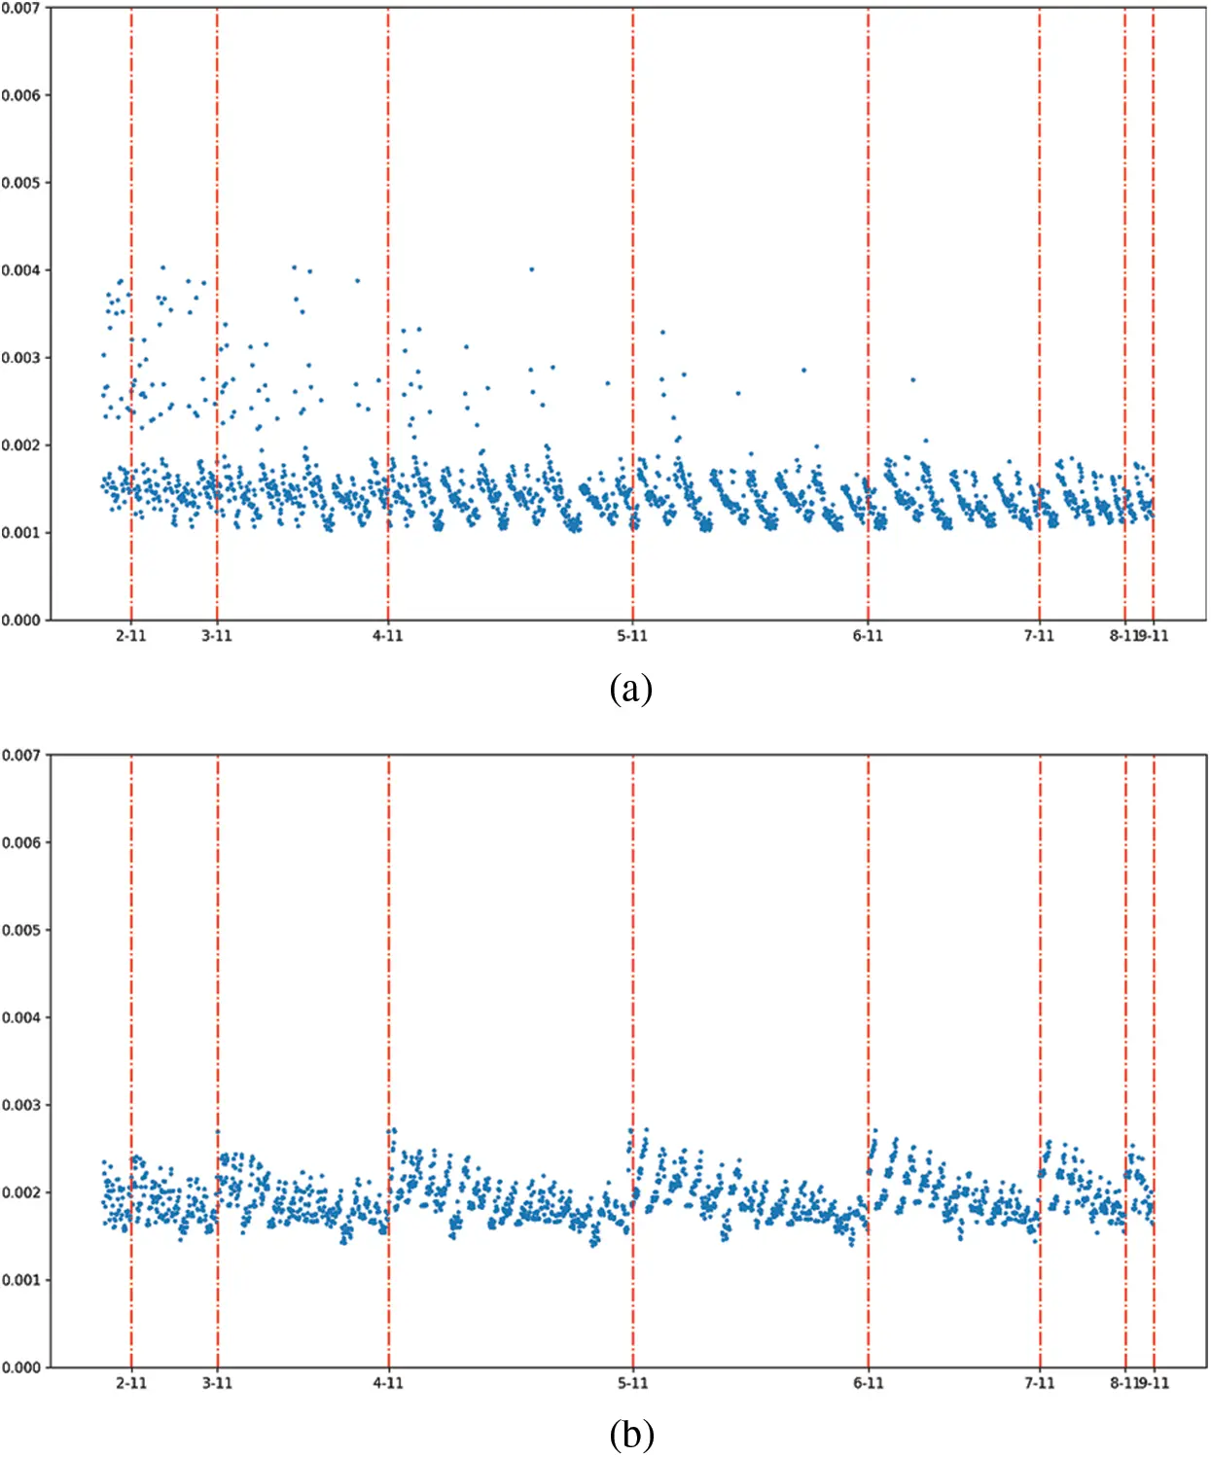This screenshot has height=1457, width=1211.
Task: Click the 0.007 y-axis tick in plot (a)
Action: pos(20,9)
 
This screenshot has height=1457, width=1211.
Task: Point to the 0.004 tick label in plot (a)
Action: pos(20,270)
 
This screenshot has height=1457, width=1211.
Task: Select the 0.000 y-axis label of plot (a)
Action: pos(20,620)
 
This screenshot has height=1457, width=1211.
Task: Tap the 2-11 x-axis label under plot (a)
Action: pos(131,636)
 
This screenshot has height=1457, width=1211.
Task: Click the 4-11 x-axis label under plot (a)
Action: pos(387,636)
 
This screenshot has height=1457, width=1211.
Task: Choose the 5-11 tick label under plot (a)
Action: pos(632,636)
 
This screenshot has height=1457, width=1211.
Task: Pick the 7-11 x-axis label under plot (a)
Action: pos(1039,636)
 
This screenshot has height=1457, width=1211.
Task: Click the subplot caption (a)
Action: pos(630,689)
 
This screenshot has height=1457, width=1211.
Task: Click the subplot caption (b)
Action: pos(630,1434)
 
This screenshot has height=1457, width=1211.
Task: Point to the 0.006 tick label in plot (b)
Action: pos(20,842)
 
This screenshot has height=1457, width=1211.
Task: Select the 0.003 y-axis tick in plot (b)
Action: pos(20,1105)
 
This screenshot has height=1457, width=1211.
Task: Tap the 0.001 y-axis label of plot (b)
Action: pos(20,1280)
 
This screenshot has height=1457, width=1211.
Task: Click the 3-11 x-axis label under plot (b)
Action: pos(217,1383)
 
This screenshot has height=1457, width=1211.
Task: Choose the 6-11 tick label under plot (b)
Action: pos(869,1383)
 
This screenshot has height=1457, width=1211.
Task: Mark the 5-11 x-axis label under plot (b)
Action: pos(632,1383)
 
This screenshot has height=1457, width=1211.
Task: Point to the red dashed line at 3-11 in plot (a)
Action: pos(217,195)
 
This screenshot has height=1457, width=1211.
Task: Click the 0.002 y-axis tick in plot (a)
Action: pos(20,445)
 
